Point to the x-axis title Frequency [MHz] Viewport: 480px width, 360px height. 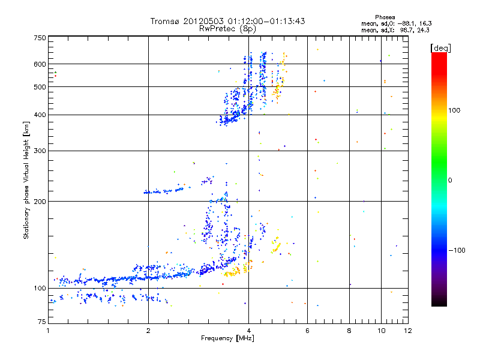point(227,338)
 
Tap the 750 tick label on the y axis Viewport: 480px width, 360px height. point(40,38)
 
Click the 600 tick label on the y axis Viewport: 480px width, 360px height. point(40,64)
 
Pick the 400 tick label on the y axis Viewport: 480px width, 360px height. point(40,115)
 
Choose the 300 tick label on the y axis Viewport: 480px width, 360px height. point(40,151)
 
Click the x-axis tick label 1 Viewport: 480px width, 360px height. point(48,331)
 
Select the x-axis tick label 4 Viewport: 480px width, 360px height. point(248,331)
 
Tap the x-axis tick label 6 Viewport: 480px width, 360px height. point(307,331)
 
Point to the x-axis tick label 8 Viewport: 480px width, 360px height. point(349,331)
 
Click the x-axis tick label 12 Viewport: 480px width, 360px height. point(408,331)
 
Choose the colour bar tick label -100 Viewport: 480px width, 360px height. point(458,250)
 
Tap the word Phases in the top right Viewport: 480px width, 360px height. point(385,17)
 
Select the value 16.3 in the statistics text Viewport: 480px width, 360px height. point(424,23)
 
